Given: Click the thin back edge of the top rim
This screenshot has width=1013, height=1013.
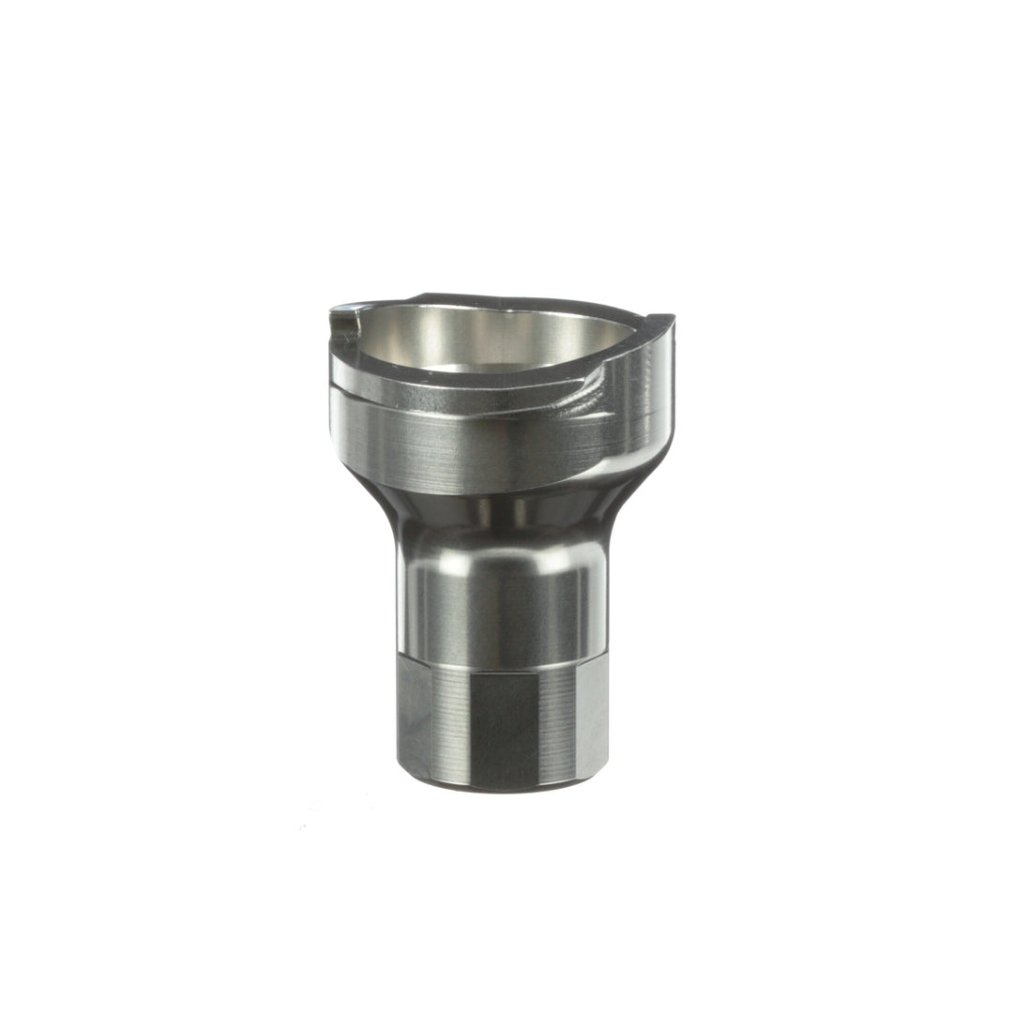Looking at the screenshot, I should click(506, 298).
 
